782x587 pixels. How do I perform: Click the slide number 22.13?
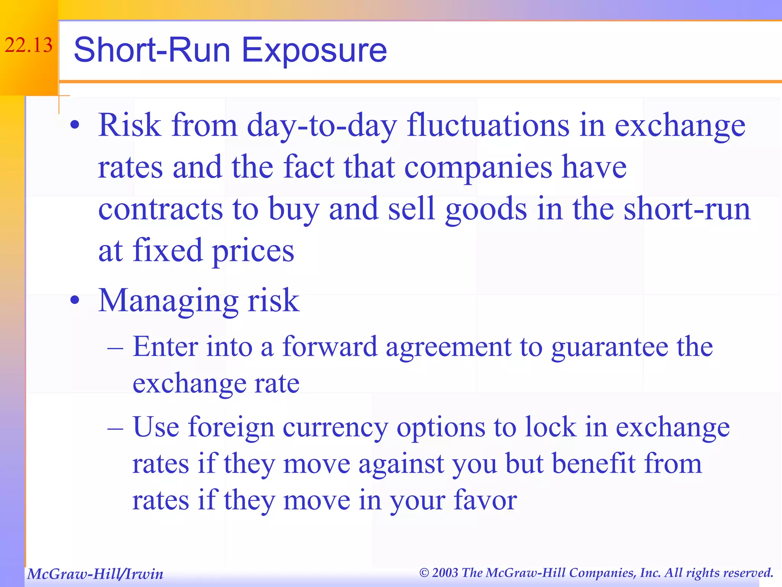pos(28,45)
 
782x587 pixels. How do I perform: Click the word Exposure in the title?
pos(314,50)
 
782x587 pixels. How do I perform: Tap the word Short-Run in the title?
pos(152,50)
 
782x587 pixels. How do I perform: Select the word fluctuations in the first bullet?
pos(488,125)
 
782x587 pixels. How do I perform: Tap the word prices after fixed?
pos(253,251)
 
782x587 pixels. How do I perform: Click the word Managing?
pos(168,301)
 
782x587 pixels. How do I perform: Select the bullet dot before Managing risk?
pos(75,300)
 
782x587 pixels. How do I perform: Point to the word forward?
pos(330,346)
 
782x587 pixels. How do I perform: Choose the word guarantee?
pos(609,347)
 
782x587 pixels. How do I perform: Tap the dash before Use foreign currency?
pos(115,428)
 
